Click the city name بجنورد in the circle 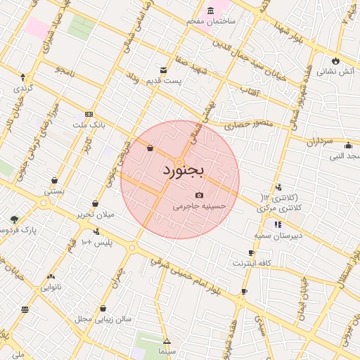point(182,171)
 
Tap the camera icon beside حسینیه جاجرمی point(199,195)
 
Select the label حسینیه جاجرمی point(199,207)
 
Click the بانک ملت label point(89,125)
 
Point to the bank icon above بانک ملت point(89,114)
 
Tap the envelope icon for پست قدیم point(163,70)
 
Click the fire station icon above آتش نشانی point(336,60)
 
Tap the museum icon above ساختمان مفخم point(210,11)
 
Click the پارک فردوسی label point(19,230)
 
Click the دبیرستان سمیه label point(278,236)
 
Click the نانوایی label point(51,287)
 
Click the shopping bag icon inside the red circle point(150,148)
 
